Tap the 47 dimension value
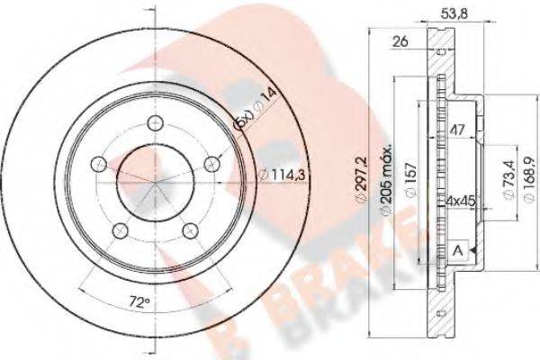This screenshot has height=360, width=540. point(457,129)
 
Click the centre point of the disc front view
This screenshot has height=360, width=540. point(155,180)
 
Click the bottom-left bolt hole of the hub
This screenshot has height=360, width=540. point(120,230)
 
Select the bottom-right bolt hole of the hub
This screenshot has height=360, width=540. point(190,230)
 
